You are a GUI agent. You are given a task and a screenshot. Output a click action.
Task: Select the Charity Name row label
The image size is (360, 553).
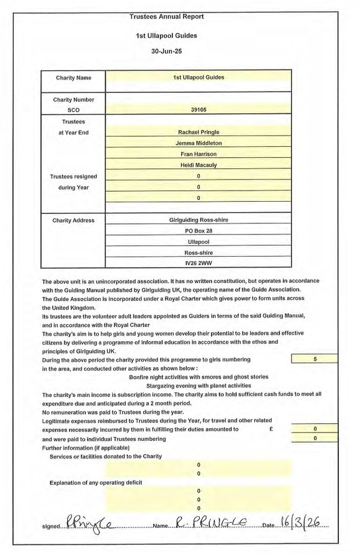pos(74,78)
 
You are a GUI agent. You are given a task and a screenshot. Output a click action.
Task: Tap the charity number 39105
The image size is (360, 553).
pos(199,109)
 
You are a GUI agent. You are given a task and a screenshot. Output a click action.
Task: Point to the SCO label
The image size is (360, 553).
pos(74,110)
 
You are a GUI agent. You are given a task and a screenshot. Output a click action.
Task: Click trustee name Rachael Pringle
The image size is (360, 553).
pos(199,132)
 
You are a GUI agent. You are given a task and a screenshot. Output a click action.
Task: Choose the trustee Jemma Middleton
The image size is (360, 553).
pos(199,143)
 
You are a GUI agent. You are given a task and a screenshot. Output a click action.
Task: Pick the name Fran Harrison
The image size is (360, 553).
pos(199,154)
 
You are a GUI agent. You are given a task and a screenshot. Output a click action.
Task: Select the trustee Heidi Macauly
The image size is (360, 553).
pos(199,165)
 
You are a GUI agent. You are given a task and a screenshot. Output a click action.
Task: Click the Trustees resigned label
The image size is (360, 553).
pos(74,177)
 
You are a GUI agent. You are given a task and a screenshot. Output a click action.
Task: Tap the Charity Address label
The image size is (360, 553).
pos(74,220)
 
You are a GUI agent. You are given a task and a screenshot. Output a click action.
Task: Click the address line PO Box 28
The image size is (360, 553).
pos(199,231)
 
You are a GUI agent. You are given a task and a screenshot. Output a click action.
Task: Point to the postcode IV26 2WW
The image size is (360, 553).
pos(199,264)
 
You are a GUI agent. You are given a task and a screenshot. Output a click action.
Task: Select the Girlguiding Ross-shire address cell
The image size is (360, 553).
pos(199,220)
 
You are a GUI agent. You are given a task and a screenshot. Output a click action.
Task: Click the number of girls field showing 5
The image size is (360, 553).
pos(315,360)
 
